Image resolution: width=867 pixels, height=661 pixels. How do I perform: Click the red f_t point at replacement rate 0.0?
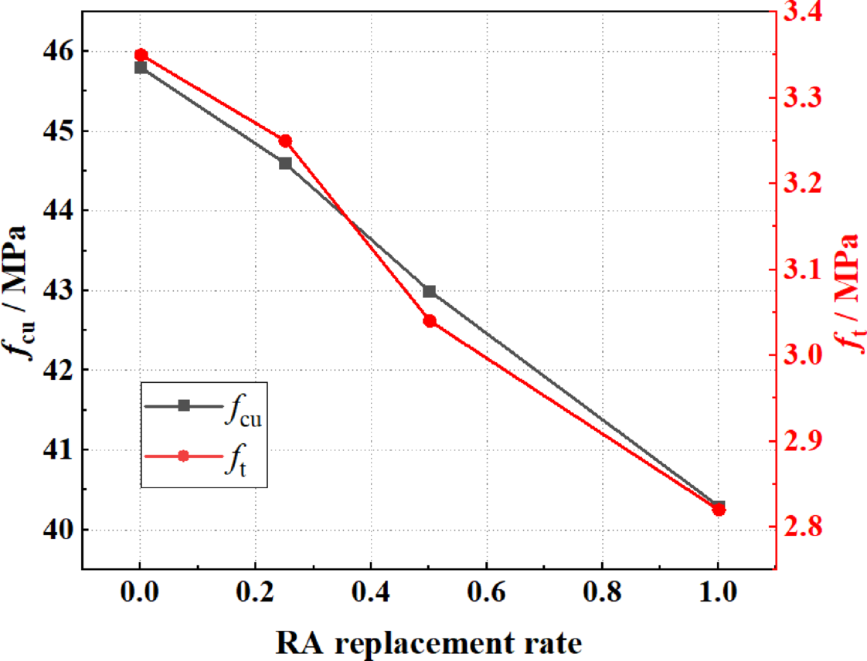(141, 55)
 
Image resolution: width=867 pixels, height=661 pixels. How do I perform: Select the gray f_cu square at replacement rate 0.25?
(285, 163)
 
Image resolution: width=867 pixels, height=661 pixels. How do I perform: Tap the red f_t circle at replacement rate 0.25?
(285, 141)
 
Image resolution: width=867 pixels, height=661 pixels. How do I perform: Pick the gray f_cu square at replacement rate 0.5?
(430, 291)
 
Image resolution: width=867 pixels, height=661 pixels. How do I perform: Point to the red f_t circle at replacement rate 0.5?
(430, 320)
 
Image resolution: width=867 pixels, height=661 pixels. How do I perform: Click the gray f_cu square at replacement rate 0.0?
(141, 67)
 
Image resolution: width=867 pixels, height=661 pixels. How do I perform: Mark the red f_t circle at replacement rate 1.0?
(719, 509)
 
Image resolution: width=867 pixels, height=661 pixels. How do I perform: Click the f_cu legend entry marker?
(184, 406)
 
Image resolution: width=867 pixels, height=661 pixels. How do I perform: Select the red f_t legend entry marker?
(184, 456)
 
